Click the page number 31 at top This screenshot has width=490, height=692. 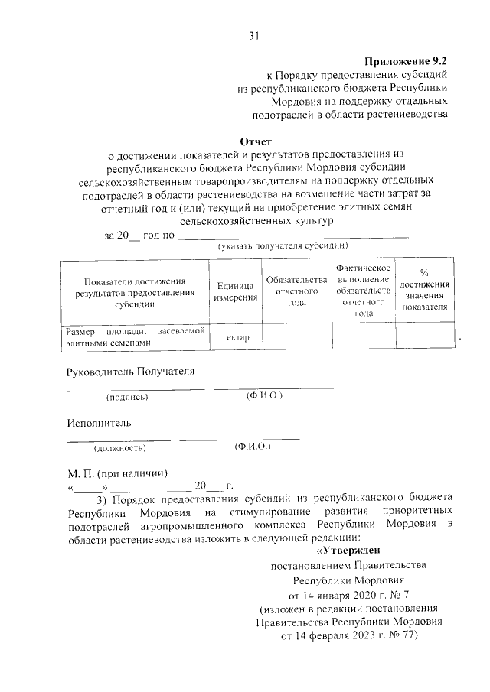[254, 34]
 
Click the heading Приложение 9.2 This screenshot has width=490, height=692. [407, 60]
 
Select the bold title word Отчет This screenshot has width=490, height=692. [256, 141]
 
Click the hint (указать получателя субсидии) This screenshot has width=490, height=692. [283, 246]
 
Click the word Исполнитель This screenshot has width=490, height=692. [99, 422]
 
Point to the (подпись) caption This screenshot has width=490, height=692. [127, 397]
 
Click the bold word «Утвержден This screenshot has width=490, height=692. [347, 550]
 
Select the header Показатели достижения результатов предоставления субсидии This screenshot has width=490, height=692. [125, 291]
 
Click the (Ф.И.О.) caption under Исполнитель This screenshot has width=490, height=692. [253, 447]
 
